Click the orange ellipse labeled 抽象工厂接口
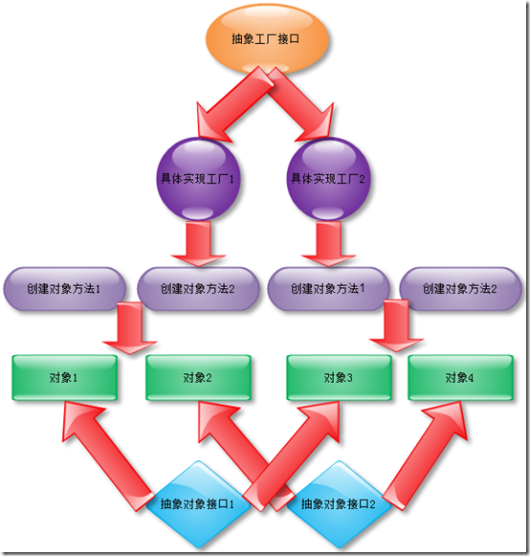coord(269,39)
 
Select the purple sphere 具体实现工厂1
coord(198,179)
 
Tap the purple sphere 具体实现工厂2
coord(328,179)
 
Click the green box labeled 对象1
coord(64,378)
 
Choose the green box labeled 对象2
coord(197,378)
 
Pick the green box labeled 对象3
coord(339,378)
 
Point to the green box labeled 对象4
coord(458,378)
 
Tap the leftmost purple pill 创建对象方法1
coord(64,288)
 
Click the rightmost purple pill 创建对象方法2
coord(460,288)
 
